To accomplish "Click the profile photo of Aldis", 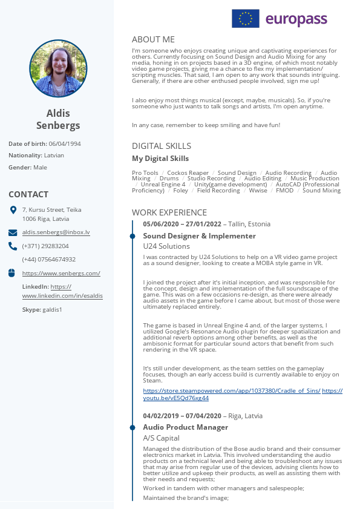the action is point(58,68).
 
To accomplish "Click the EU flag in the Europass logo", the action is point(246,19).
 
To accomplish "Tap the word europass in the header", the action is point(296,19).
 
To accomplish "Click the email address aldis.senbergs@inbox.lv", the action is point(56,232).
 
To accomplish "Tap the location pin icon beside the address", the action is point(13,210).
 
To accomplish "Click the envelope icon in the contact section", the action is point(13,232).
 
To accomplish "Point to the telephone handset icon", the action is point(13,246).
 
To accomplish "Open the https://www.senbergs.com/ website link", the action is point(61,273).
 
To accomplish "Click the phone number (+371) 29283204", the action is point(45,246).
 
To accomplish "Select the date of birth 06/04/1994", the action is point(65,143).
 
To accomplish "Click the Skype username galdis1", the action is point(52,309).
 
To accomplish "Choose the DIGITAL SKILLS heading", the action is point(162,146).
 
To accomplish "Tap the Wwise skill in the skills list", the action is point(258,190).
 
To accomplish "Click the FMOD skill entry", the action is point(284,190).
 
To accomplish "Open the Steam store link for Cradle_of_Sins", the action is point(232,390).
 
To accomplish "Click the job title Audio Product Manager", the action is point(185,427).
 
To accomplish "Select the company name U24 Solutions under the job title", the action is point(166,246).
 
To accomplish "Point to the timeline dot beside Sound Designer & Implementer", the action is point(133,236).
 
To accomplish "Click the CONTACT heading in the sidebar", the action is point(28,194).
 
